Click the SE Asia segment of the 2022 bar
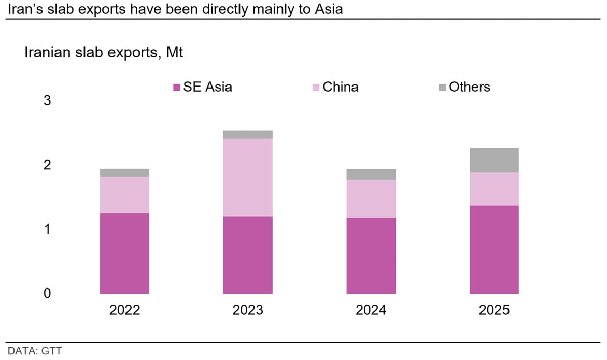tap(124, 253)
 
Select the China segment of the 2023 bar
tap(248, 177)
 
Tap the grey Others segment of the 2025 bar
tap(494, 160)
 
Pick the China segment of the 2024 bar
tap(371, 198)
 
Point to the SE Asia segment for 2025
tap(494, 249)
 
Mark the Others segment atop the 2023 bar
tap(248, 135)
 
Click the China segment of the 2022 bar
tap(124, 195)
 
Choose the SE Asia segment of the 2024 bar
tap(371, 255)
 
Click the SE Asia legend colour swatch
tap(177, 88)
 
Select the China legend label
tap(340, 87)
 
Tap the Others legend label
tap(469, 87)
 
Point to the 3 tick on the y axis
tap(47, 100)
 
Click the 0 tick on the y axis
tap(47, 293)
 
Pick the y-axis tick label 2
tap(47, 165)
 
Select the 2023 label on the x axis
tap(248, 310)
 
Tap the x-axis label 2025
tap(494, 310)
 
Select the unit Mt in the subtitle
tap(175, 52)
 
